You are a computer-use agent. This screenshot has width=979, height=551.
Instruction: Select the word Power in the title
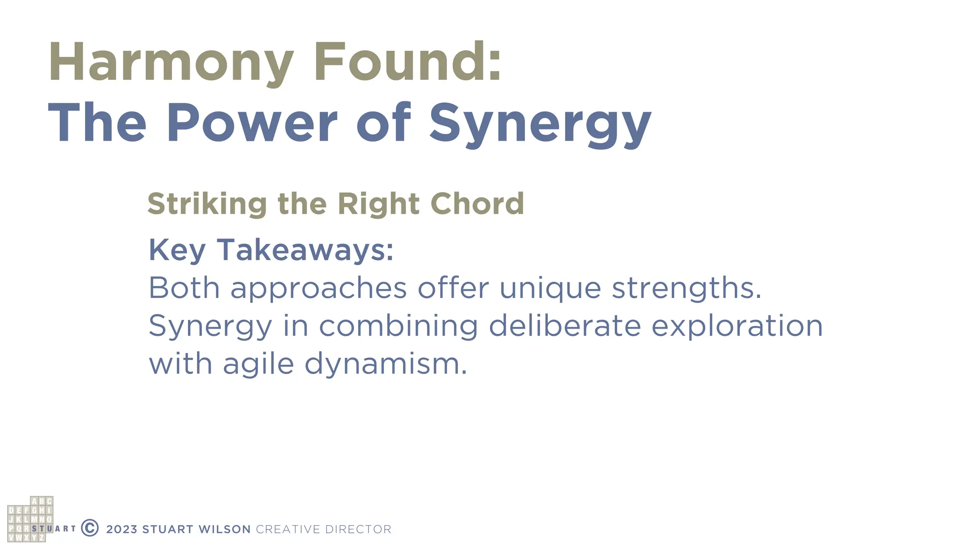coord(251,123)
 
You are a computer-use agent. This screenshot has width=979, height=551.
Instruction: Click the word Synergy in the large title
coord(540,124)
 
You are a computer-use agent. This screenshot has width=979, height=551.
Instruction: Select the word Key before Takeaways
coord(177,250)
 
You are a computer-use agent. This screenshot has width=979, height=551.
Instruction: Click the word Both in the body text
coord(184,288)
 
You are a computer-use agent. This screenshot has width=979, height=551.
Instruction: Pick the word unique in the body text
coord(550,289)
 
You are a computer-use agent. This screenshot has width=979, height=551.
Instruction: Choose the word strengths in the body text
coord(686,289)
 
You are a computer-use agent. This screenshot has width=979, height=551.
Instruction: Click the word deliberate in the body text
coord(565,326)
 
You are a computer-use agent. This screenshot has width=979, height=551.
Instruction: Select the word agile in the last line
coord(258,364)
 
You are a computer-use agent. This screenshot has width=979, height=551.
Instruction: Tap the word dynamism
coord(385,364)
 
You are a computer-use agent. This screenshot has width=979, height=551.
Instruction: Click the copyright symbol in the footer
coord(90,528)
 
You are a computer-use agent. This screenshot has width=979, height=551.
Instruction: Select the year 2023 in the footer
coord(121,529)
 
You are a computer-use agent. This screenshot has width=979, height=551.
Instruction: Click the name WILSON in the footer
coord(225,529)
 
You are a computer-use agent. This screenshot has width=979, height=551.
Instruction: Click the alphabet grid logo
coord(30,519)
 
